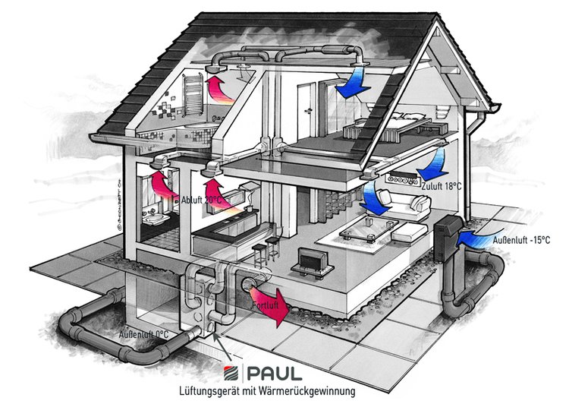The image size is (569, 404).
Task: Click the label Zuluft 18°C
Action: [x=442, y=186]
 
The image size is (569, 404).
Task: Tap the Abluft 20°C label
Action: [x=201, y=200]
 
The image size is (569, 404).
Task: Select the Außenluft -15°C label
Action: [x=521, y=240]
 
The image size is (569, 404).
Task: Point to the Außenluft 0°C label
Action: [x=143, y=334]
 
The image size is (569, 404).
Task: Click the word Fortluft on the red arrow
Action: [x=266, y=305]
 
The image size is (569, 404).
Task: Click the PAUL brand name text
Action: [x=275, y=373]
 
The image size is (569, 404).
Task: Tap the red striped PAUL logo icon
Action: [x=231, y=373]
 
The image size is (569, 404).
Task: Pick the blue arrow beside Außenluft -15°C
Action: [x=479, y=238]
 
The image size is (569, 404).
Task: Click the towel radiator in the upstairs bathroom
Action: [x=193, y=94]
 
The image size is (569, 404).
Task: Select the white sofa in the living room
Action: [x=403, y=204]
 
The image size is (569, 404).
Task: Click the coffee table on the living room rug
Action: [x=368, y=229]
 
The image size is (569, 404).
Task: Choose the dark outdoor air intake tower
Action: [x=448, y=237]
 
